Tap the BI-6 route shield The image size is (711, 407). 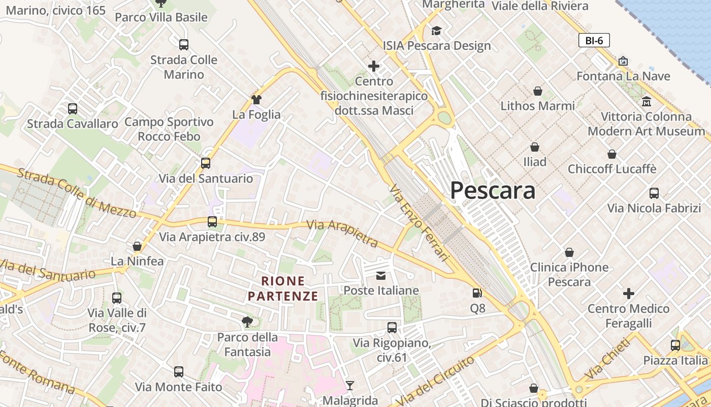pos(594,41)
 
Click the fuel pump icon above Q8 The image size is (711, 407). pos(477,293)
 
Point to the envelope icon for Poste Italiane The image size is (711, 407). pos(381,276)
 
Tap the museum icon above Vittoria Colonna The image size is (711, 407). pos(647,101)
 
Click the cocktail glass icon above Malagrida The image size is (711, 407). pos(349,385)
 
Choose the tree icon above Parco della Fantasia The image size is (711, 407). pos(247,322)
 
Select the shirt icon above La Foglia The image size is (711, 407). pos(256,100)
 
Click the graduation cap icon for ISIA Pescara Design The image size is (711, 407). pos(436,31)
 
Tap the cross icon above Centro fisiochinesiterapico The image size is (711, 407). pos(374,66)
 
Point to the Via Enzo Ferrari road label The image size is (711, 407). pos(419,223)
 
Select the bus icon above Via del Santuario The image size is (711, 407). pos(206,163)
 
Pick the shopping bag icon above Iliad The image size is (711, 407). pos(535,148)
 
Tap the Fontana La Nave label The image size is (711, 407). pos(623,76)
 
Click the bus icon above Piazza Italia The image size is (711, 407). pos(675,345)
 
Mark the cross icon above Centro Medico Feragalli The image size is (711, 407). pos(629,294)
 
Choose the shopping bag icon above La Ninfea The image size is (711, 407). pos(137,247)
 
